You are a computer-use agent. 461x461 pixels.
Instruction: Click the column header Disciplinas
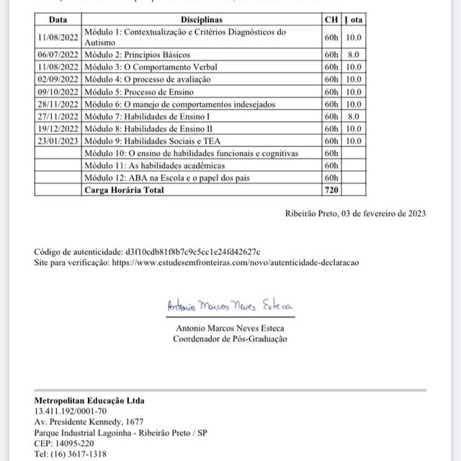(202, 20)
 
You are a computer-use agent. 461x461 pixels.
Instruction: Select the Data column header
(58, 20)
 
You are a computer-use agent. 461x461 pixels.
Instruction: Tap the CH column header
(331, 20)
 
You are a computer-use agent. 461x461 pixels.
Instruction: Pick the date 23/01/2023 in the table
(58, 141)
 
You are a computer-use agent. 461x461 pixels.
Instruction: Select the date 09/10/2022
(58, 92)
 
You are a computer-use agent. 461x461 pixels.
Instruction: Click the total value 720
(331, 190)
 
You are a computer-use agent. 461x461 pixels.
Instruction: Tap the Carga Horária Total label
(124, 190)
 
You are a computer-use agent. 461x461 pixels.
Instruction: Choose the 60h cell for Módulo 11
(331, 166)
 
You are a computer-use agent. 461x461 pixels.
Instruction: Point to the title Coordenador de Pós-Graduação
(230, 339)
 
